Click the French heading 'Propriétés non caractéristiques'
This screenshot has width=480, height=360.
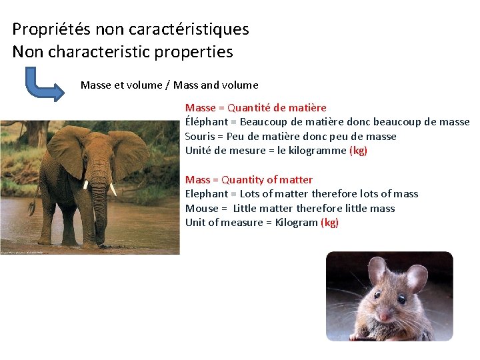click(x=131, y=29)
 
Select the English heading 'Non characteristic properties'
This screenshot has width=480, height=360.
click(x=123, y=52)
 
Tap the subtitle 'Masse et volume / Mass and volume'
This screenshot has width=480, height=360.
click(x=169, y=85)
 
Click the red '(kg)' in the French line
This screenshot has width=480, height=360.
click(x=358, y=151)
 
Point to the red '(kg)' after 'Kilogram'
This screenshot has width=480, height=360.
click(x=329, y=223)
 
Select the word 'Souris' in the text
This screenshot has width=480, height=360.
click(x=200, y=137)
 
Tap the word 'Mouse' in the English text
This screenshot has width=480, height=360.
click(x=201, y=209)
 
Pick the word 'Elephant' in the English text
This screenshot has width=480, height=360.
click(x=206, y=194)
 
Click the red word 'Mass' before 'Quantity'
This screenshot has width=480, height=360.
click(x=197, y=180)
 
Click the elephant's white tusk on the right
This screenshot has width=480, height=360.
click(x=113, y=189)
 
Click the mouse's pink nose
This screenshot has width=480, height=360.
click(x=385, y=315)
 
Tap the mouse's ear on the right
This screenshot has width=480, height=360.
click(x=417, y=277)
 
